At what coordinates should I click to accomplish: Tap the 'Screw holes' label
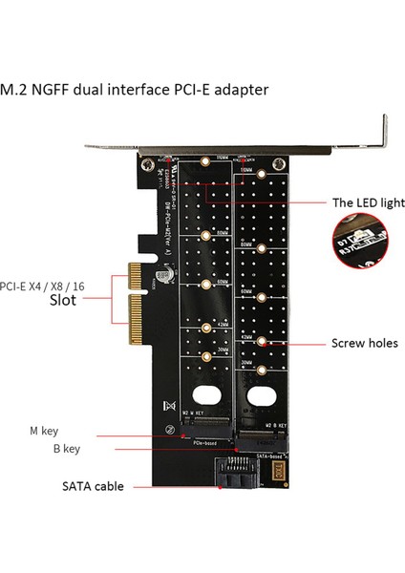tap(364, 343)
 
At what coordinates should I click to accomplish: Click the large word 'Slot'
tap(58, 299)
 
